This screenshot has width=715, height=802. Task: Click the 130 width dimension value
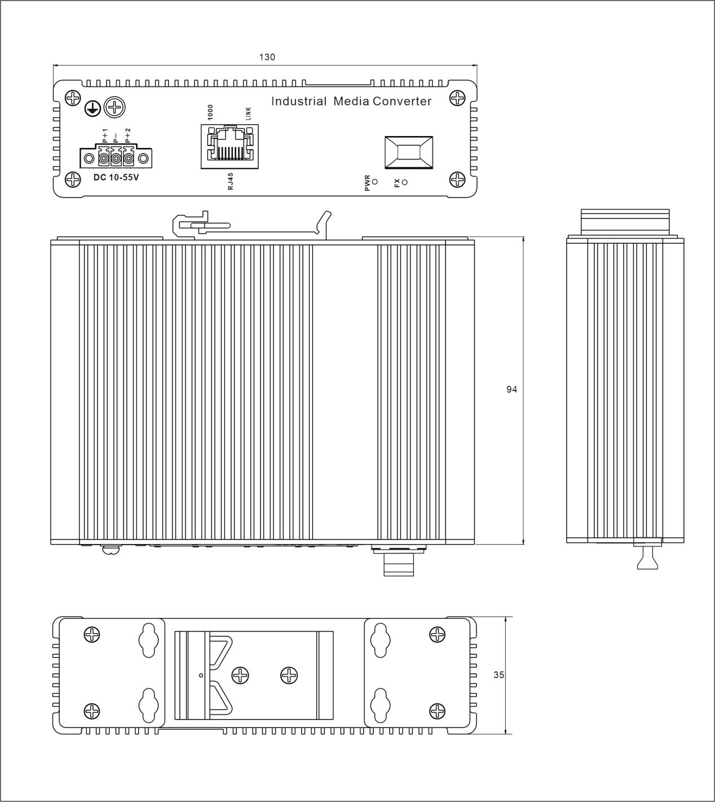(x=267, y=57)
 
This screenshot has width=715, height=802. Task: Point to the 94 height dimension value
(x=511, y=389)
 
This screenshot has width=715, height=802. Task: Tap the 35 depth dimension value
(x=498, y=674)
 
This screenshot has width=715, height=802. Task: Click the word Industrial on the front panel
(x=299, y=102)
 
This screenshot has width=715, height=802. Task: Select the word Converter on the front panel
(x=402, y=102)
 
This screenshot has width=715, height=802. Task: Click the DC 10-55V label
(x=116, y=177)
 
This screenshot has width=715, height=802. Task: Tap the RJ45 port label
(x=230, y=181)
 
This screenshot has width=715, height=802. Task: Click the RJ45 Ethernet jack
(x=229, y=146)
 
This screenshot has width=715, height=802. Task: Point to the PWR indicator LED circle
(x=375, y=182)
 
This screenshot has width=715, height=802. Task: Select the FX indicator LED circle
(x=404, y=182)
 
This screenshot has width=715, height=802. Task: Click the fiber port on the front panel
(x=409, y=152)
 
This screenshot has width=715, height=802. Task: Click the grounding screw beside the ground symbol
(x=114, y=107)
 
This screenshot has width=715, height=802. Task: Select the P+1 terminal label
(x=105, y=135)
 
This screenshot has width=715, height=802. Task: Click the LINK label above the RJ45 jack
(x=248, y=113)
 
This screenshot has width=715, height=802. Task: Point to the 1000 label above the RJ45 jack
(x=210, y=112)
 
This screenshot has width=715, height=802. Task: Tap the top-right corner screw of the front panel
(x=457, y=98)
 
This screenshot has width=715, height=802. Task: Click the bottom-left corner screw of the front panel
(x=73, y=180)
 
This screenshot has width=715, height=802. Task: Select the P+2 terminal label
(x=128, y=135)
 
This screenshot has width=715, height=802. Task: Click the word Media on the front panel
(x=351, y=102)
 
